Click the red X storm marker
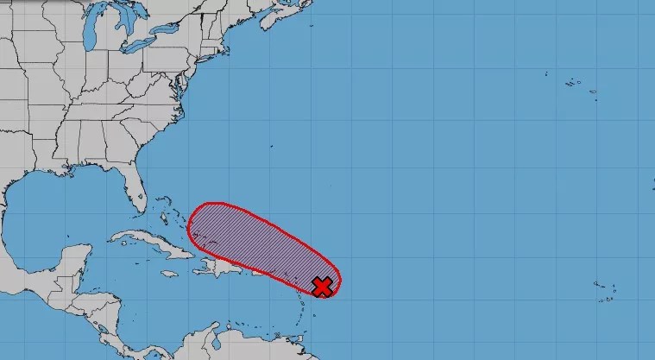click(x=322, y=287)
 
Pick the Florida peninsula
click(x=133, y=186)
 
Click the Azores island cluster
click(x=576, y=84)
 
